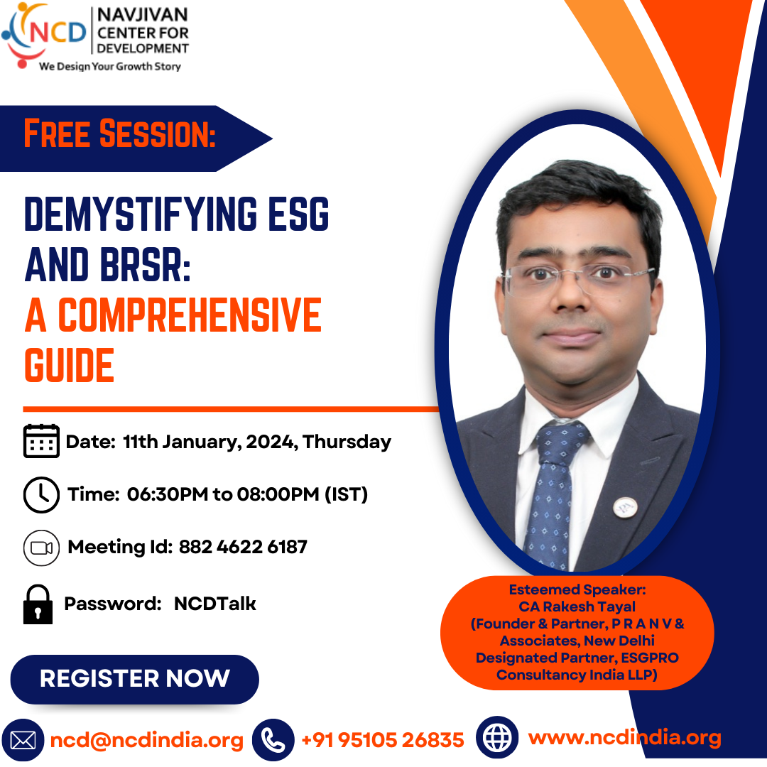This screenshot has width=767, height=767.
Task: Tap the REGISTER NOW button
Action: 134,679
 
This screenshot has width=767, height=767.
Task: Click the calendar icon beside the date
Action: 42,441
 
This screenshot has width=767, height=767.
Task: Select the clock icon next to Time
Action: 42,494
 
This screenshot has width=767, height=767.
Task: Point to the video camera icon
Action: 42,548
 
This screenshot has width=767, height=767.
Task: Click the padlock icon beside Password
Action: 38,604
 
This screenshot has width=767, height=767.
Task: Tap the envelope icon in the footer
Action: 23,740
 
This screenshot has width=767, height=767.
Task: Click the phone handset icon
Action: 273,739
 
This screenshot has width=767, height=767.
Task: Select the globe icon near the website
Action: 497,737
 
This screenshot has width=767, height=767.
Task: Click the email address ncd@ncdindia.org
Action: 147,740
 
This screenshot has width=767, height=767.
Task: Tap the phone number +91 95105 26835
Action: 383,740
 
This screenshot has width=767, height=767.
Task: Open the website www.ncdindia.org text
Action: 625,738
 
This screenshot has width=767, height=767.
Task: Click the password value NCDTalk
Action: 214,604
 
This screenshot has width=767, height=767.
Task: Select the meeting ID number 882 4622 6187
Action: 243,547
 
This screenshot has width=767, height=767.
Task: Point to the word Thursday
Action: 347,442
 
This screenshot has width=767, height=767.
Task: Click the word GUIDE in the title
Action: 69,366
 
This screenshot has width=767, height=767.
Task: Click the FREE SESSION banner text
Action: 120,134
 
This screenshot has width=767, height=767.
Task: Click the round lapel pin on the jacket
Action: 625,508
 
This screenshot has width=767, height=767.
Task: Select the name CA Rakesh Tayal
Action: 577,606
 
